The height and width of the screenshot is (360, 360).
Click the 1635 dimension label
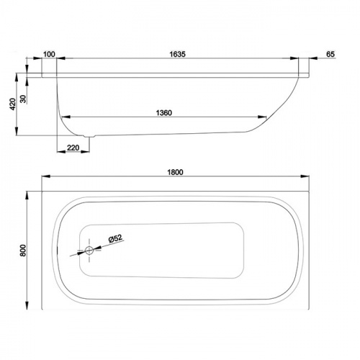(177, 54)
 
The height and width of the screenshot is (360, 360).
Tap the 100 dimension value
(49, 54)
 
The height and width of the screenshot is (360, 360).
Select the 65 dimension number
(330, 54)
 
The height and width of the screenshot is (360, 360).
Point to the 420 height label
(12, 104)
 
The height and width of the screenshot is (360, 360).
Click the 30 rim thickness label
(23, 99)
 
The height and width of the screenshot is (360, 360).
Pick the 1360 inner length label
(164, 113)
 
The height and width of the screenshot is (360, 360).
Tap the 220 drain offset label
(73, 148)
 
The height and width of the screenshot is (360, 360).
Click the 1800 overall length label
(175, 172)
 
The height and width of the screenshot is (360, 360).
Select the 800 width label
(23, 251)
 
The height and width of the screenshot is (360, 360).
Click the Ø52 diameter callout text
(115, 238)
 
